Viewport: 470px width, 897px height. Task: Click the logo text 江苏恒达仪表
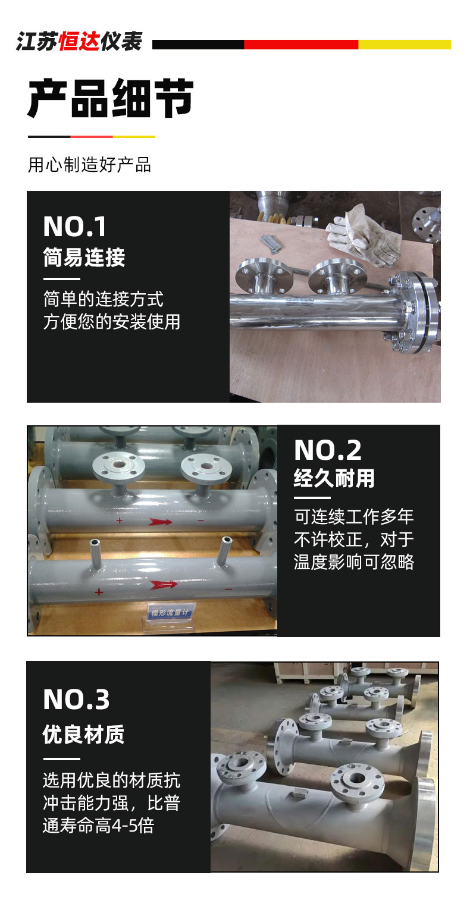pos(79,42)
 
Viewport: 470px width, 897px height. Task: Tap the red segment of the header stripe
pos(301,45)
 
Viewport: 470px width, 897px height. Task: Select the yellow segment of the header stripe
pos(405,45)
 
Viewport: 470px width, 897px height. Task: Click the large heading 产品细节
pos(111,98)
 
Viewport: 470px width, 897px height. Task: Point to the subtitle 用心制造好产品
pos(89,165)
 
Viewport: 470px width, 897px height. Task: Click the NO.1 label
pos(75,227)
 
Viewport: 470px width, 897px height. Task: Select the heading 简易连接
pos(84,257)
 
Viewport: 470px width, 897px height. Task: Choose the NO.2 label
pos(328,450)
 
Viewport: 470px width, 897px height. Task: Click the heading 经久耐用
pos(334,478)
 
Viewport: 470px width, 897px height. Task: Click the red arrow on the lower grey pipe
pos(163,585)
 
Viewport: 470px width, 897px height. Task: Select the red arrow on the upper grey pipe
pos(160,522)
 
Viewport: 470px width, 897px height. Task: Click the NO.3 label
pos(76,699)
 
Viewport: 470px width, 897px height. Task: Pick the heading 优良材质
pos(83,735)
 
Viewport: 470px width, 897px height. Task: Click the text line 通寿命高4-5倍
pos(98,826)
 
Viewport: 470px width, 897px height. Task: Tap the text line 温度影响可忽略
pos(354,562)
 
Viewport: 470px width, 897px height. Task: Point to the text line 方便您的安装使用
pos(112,322)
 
